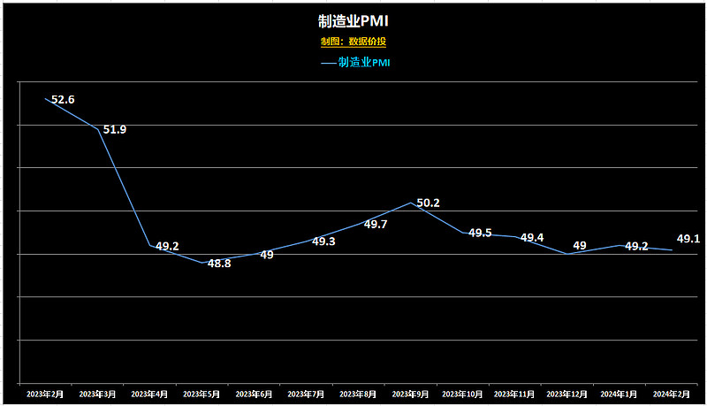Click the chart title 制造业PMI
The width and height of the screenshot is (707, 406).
(x=353, y=20)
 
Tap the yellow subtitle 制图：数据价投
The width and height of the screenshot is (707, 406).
(x=353, y=42)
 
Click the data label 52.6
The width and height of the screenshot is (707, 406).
(x=63, y=100)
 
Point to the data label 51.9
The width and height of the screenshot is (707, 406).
(x=115, y=130)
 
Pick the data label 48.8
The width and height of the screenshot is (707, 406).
(x=219, y=264)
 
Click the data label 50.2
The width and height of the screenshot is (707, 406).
(x=428, y=203)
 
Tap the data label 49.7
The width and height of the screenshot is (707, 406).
(x=376, y=225)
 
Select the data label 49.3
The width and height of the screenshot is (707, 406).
(x=323, y=241)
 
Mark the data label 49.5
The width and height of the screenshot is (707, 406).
(x=480, y=234)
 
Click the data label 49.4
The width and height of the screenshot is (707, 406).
(x=532, y=238)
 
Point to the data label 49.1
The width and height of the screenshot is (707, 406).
(x=688, y=239)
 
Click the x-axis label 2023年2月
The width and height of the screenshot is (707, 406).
(x=45, y=393)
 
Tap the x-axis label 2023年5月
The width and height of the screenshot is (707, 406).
(x=201, y=393)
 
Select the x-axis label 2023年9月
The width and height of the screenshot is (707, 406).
(x=410, y=393)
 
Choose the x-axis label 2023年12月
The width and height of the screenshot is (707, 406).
(x=566, y=393)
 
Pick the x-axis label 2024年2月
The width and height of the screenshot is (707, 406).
(x=671, y=393)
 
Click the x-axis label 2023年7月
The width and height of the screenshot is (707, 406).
(x=306, y=393)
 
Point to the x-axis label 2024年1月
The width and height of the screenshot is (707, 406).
(x=619, y=393)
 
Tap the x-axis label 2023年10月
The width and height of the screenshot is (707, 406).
(x=462, y=393)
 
